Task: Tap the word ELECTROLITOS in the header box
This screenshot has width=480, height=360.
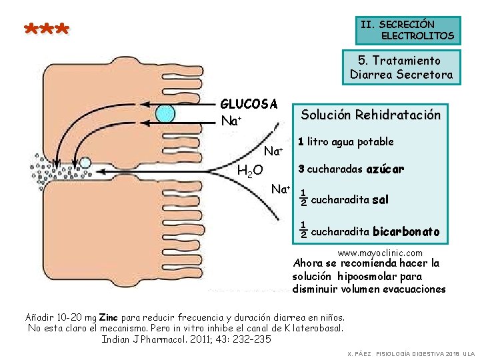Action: coord(417,35)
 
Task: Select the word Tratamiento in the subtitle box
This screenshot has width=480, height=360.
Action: coord(408,61)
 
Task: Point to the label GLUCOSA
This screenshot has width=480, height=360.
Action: coord(249,104)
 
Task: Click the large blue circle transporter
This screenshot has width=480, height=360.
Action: coord(165,114)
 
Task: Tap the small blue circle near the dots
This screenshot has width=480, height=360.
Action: coord(85,162)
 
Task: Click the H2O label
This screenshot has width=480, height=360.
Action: coord(251,171)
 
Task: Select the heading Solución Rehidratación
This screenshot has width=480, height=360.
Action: coord(371,115)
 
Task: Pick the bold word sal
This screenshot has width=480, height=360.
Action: coord(380,199)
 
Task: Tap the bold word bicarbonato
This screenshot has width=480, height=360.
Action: coord(405,232)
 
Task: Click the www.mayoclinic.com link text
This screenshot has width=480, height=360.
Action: coord(380,253)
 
